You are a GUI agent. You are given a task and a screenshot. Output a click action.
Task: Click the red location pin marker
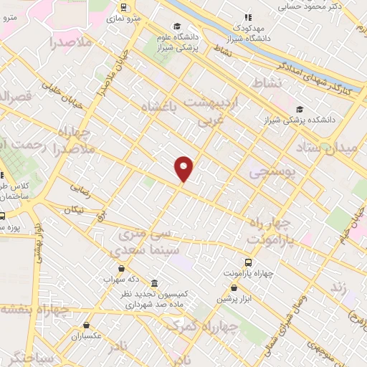tap(184, 168)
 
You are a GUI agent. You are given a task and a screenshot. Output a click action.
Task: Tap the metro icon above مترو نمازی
tap(125, 8)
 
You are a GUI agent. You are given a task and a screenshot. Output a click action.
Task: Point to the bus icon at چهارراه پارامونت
tap(248, 262)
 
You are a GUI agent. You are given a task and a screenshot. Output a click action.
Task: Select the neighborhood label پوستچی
tap(267, 172)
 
